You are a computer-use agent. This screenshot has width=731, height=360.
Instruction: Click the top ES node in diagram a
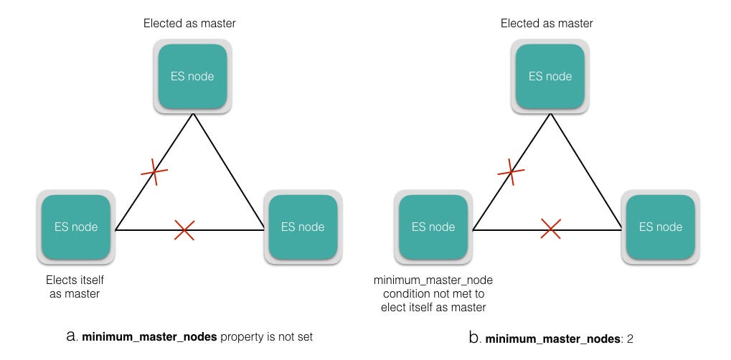click(x=192, y=76)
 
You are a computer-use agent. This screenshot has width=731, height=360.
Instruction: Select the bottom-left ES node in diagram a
click(x=76, y=227)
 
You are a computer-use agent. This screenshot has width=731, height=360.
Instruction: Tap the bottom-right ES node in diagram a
click(x=303, y=227)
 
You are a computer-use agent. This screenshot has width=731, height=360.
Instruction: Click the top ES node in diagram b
click(x=550, y=76)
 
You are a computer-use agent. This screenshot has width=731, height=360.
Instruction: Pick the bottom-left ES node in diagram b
click(x=433, y=227)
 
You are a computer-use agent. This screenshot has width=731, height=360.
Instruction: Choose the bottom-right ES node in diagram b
click(x=661, y=227)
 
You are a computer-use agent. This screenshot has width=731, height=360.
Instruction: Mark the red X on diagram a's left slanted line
click(x=154, y=172)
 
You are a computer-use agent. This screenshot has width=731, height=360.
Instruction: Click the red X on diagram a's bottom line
click(x=184, y=230)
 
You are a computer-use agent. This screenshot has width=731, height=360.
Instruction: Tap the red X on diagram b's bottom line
click(x=550, y=229)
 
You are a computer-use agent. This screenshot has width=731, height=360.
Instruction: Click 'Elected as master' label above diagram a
click(x=189, y=24)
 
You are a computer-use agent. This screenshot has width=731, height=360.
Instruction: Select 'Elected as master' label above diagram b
click(x=547, y=24)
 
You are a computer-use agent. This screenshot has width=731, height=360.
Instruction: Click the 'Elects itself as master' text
click(x=75, y=287)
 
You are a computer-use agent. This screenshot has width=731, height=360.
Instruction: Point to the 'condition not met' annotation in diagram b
click(x=433, y=293)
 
